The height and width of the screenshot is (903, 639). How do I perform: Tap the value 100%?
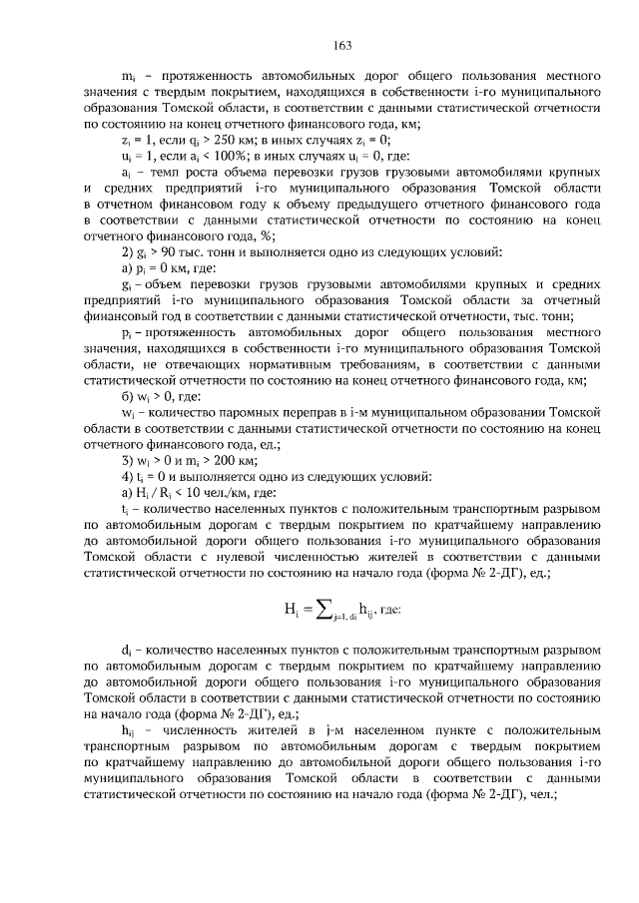223,157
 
